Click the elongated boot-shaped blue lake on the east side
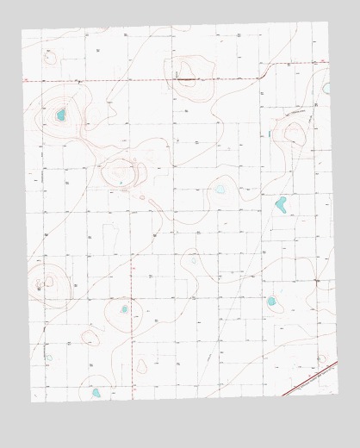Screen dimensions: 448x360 point(281,204)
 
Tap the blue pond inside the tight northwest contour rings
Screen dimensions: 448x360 point(61,115)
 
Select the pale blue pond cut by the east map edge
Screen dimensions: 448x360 point(326,88)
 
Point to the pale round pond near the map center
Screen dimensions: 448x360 point(220,189)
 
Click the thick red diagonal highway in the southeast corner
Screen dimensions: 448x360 point(310,378)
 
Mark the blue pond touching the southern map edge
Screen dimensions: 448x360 point(96,393)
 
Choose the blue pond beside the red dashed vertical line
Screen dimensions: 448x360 point(124,308)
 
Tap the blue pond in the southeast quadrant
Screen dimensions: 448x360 point(271,302)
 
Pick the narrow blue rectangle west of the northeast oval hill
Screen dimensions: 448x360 point(269,134)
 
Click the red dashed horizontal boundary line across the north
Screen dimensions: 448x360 point(129,80)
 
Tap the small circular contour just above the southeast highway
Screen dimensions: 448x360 point(321,358)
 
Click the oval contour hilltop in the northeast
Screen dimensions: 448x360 point(294,134)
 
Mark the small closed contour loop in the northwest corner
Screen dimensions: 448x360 point(49,57)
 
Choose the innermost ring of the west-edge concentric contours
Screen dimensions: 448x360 point(40,283)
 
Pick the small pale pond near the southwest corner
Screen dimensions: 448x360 point(49,358)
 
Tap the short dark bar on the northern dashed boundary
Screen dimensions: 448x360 point(187,78)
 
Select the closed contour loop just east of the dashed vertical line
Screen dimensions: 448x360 point(141,367)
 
